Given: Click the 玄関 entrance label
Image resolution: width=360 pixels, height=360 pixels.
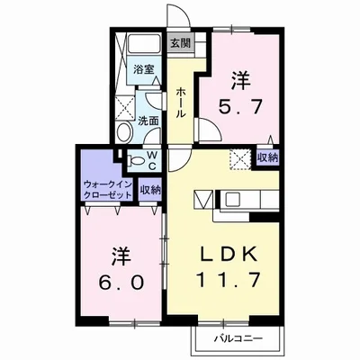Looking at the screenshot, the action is click(x=181, y=43).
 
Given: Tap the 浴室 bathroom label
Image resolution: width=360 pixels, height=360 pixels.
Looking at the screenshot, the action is click(x=144, y=70).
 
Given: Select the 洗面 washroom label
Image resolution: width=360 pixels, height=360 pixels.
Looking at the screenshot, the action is click(x=148, y=121).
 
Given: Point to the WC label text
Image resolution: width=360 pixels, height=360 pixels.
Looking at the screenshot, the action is click(x=152, y=160).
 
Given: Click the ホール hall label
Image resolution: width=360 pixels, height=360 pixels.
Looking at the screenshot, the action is click(x=181, y=103).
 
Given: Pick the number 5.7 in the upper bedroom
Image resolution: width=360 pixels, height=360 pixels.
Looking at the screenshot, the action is click(x=240, y=107).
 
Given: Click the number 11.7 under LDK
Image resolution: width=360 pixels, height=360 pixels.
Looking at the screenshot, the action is click(x=227, y=280).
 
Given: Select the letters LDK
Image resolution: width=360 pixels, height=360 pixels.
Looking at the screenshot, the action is click(x=229, y=254).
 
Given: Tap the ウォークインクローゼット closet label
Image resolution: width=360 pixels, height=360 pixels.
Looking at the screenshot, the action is click(x=108, y=190).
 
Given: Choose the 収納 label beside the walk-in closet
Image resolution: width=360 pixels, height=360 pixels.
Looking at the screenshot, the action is click(x=150, y=190).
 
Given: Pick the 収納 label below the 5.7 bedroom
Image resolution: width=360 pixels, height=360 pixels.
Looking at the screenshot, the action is click(x=267, y=157).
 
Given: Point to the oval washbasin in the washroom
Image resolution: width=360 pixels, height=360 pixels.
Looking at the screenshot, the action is click(x=123, y=132).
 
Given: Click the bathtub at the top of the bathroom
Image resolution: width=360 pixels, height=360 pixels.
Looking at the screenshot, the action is click(x=144, y=44).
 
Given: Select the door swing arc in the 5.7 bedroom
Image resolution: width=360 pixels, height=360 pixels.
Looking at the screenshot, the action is click(x=210, y=129).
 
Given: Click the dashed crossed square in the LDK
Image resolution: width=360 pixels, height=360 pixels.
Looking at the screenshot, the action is click(x=240, y=159).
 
